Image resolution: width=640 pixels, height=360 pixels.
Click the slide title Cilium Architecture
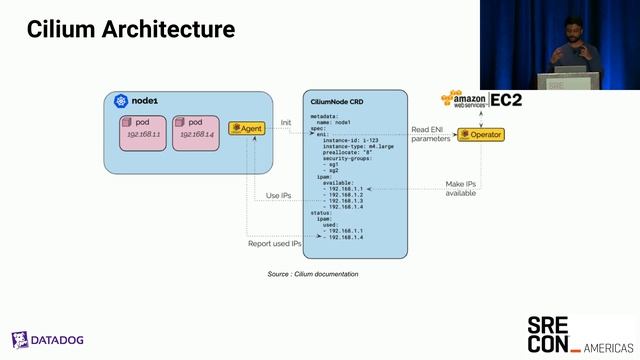(x=131, y=30)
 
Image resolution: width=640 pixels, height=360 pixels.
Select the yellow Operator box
(x=480, y=134)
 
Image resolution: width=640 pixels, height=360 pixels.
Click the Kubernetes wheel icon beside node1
(x=120, y=101)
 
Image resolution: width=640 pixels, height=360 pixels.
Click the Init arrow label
(x=285, y=122)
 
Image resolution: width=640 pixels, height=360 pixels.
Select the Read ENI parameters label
(x=431, y=135)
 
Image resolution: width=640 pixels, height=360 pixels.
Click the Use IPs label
(x=279, y=195)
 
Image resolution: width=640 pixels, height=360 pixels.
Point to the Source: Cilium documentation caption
(x=312, y=274)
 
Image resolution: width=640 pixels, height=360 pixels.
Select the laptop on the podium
(x=571, y=74)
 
